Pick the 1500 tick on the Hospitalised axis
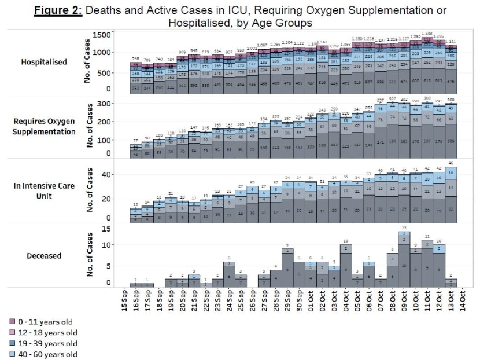tap(102, 35)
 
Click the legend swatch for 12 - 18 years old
tap(12, 332)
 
